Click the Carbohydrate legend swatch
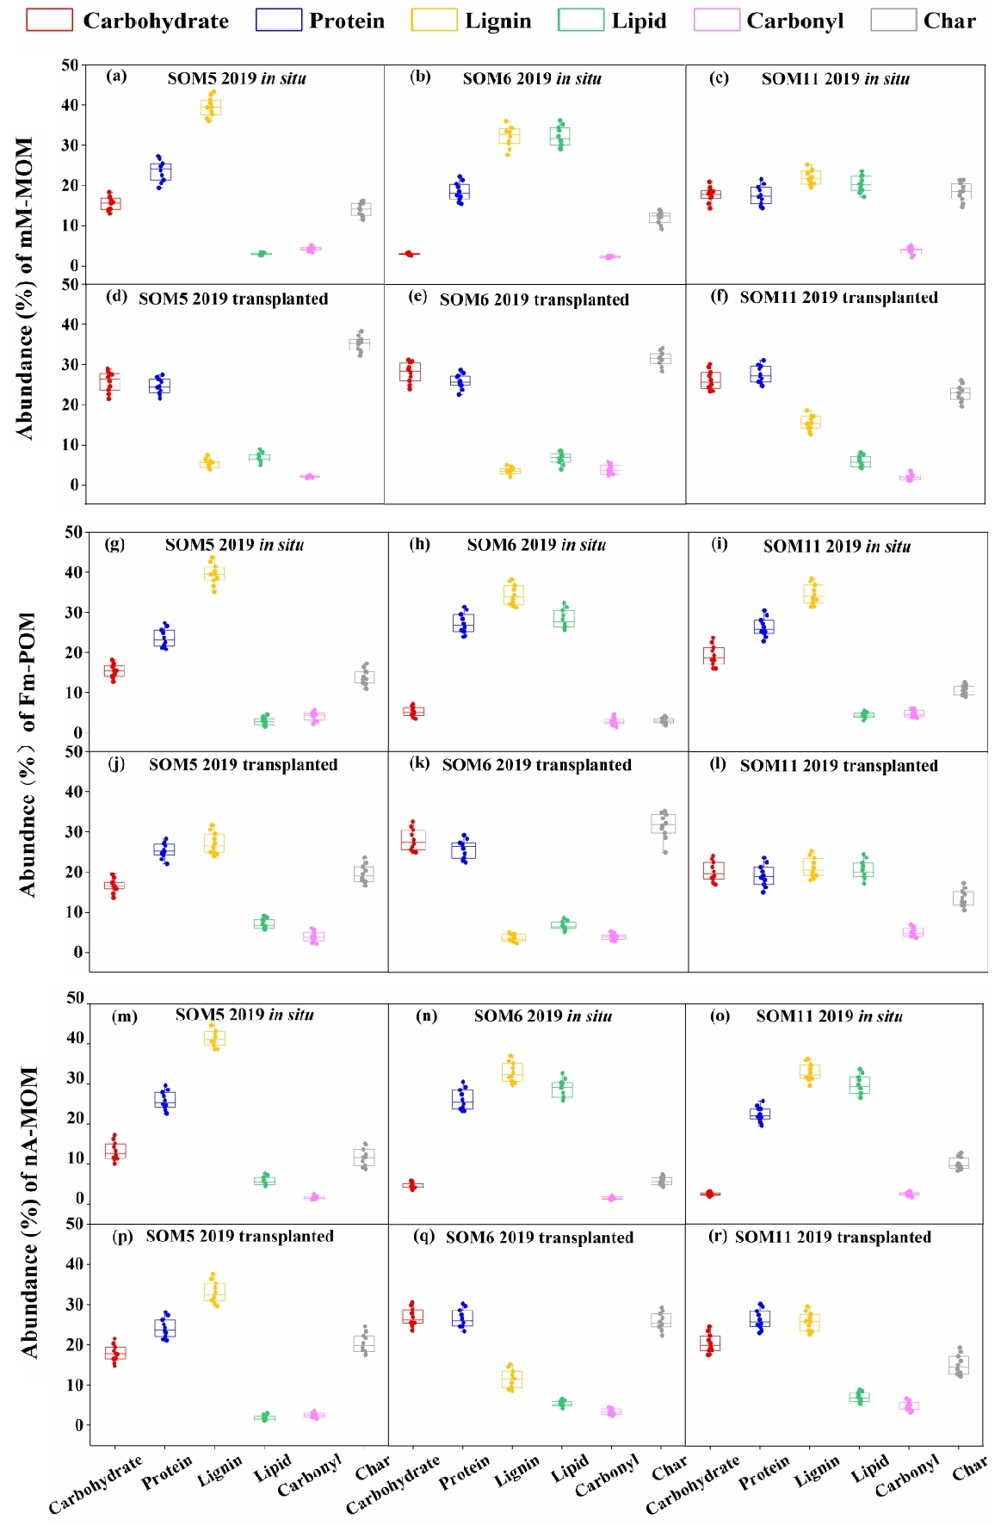[x=49, y=20]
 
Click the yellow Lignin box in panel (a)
[x=210, y=108]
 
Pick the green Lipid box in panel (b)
[x=560, y=136]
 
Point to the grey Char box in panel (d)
[x=360, y=343]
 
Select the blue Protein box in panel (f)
[x=761, y=374]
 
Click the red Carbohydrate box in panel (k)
[x=413, y=840]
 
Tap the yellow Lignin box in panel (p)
[x=214, y=1292]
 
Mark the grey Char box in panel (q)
[x=661, y=1320]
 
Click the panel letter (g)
[x=114, y=544]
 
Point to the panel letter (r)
[x=718, y=1236]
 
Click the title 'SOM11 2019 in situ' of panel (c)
[x=835, y=79]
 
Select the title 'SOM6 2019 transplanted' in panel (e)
[x=534, y=299]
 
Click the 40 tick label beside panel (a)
[x=69, y=105]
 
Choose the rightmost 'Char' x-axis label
[x=969, y=1468]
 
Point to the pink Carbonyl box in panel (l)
[x=913, y=932]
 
